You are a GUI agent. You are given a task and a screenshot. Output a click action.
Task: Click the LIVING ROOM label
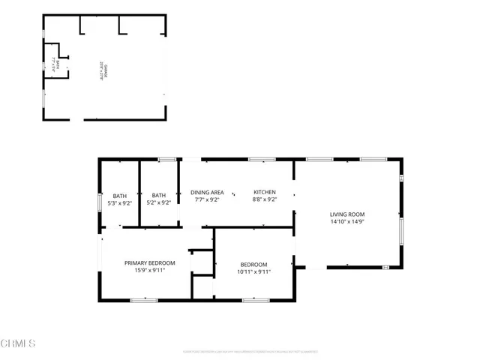[x=346, y=214]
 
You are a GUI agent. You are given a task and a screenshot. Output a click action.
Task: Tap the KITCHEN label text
[x=264, y=193]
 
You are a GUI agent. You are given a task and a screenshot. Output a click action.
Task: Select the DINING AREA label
[x=206, y=193]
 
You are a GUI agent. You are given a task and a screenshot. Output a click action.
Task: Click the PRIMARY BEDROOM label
[x=149, y=262]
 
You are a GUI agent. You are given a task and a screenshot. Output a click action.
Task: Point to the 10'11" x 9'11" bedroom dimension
[x=253, y=271]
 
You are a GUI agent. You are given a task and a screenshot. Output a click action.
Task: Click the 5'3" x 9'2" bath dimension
[x=120, y=202]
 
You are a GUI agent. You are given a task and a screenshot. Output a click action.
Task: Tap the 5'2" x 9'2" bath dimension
[x=158, y=202]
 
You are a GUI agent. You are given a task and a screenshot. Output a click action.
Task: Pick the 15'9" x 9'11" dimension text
[x=149, y=270]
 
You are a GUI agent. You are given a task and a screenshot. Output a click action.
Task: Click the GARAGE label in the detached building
[x=103, y=67]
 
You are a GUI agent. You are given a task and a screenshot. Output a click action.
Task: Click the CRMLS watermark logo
[x=19, y=344]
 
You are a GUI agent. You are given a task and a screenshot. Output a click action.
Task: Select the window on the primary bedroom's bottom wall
[x=143, y=300]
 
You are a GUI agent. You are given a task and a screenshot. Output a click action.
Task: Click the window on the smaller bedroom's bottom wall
[x=255, y=300]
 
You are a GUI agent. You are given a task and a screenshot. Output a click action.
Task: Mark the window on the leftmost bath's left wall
[x=100, y=202]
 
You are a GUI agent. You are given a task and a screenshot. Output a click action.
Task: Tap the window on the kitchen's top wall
[x=262, y=159]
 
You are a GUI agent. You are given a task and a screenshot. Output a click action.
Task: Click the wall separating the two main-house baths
[x=139, y=193]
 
